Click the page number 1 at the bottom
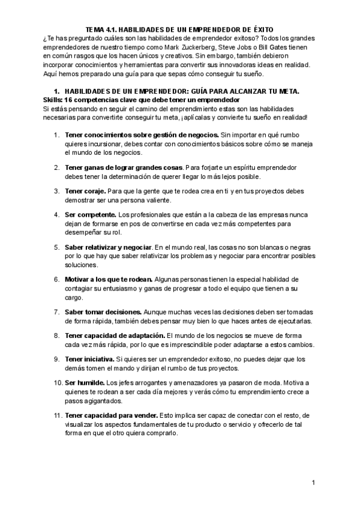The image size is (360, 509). click(x=313, y=483)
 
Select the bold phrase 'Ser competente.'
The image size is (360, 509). click(x=91, y=214)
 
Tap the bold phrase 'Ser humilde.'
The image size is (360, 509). click(x=84, y=382)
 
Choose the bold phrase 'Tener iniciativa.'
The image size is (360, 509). click(x=92, y=359)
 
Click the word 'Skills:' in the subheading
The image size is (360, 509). click(x=55, y=99)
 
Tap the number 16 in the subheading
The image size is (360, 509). click(x=73, y=99)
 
